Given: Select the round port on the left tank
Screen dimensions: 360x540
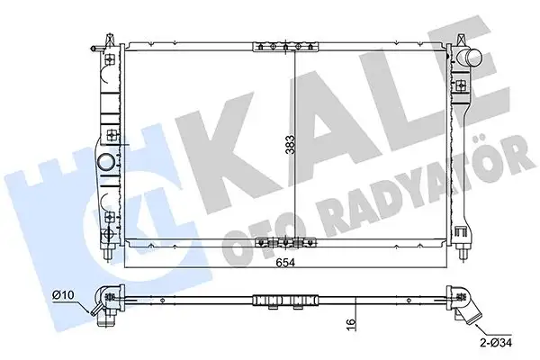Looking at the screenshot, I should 107,165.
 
